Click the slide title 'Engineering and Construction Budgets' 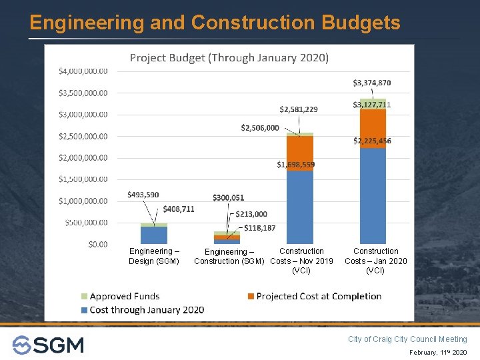(215, 23)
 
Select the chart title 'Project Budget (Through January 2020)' (229, 58)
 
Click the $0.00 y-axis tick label (97, 244)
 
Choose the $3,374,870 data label (371, 83)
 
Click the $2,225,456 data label (372, 141)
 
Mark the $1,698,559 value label (296, 164)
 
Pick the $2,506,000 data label (260, 128)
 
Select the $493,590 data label (143, 195)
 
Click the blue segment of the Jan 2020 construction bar (373, 197)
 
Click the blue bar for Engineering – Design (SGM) (154, 235)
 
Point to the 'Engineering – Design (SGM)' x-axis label (154, 256)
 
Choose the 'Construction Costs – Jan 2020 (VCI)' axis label (375, 261)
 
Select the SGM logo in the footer (48, 345)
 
